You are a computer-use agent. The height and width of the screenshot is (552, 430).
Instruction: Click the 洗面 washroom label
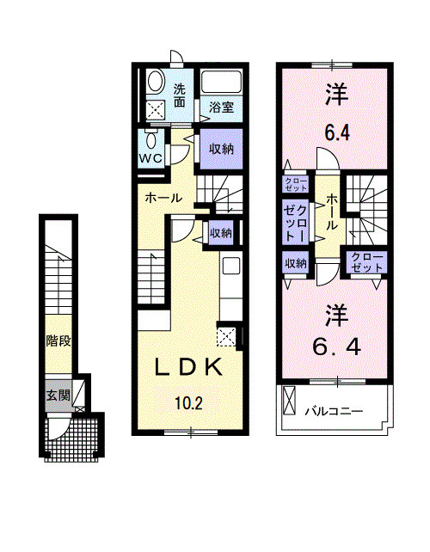(x=180, y=95)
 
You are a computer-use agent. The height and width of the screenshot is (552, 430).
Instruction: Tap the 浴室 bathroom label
(x=221, y=107)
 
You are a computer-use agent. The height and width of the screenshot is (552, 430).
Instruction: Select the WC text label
(x=152, y=159)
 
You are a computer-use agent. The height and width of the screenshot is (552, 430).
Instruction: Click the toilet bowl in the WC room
(x=152, y=140)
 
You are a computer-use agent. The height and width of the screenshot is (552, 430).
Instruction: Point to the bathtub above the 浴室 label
(x=222, y=84)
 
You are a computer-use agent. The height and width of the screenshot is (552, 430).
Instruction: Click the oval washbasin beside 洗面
(x=156, y=83)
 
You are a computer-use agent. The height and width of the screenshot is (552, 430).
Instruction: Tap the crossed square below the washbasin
(x=157, y=110)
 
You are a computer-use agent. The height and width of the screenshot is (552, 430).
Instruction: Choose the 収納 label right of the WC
(x=221, y=148)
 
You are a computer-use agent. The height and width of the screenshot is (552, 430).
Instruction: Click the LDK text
(x=190, y=367)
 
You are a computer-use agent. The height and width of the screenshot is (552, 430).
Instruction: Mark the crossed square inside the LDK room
(x=227, y=336)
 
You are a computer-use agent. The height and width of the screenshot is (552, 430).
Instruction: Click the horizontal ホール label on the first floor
(x=163, y=198)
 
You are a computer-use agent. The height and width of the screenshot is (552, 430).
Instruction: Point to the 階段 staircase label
(x=58, y=340)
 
